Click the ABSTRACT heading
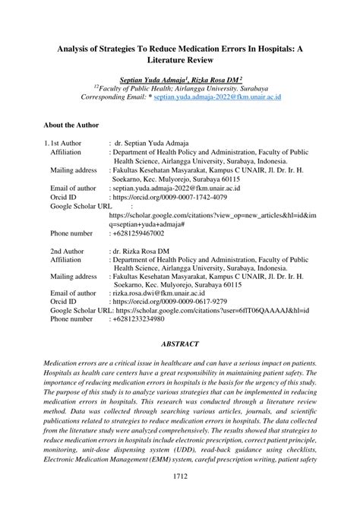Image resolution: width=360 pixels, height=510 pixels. tap(180, 342)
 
